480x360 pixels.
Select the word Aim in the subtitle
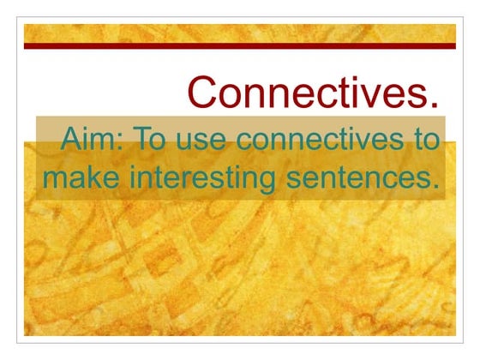click(x=86, y=140)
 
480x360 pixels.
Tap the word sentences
click(x=361, y=179)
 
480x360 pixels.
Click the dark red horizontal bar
click(x=240, y=45)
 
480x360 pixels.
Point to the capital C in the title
click(x=201, y=93)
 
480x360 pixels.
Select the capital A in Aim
click(x=70, y=140)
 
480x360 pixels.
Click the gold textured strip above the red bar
click(x=240, y=33)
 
